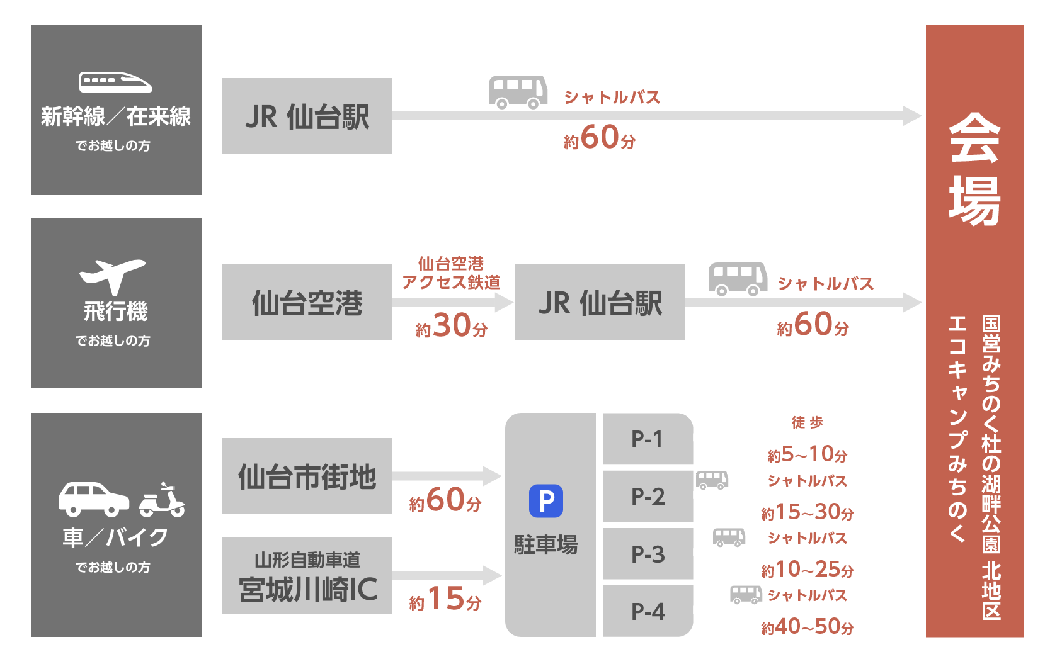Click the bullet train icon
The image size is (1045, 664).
[x=116, y=82]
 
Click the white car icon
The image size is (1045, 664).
[x=93, y=498]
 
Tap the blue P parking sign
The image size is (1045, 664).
[x=545, y=501]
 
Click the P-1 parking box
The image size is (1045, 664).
[x=648, y=439]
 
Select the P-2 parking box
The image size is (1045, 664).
[x=648, y=497]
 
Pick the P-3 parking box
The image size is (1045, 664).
[x=648, y=554]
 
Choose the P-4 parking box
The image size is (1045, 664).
[x=648, y=611]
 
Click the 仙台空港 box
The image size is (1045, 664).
[x=307, y=303]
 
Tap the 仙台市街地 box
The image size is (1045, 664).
[x=307, y=476]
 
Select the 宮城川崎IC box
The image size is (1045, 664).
[x=307, y=576]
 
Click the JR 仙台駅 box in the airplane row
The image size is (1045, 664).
[x=600, y=303]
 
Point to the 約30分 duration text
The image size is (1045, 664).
[x=451, y=326]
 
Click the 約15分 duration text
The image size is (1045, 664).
[x=445, y=599]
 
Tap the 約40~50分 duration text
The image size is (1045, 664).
[x=807, y=627]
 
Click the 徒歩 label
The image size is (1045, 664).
[x=807, y=422]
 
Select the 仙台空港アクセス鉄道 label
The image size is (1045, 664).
[x=451, y=273]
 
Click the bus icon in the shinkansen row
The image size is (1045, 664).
[x=518, y=92]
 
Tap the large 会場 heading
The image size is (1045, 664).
[x=974, y=169]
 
